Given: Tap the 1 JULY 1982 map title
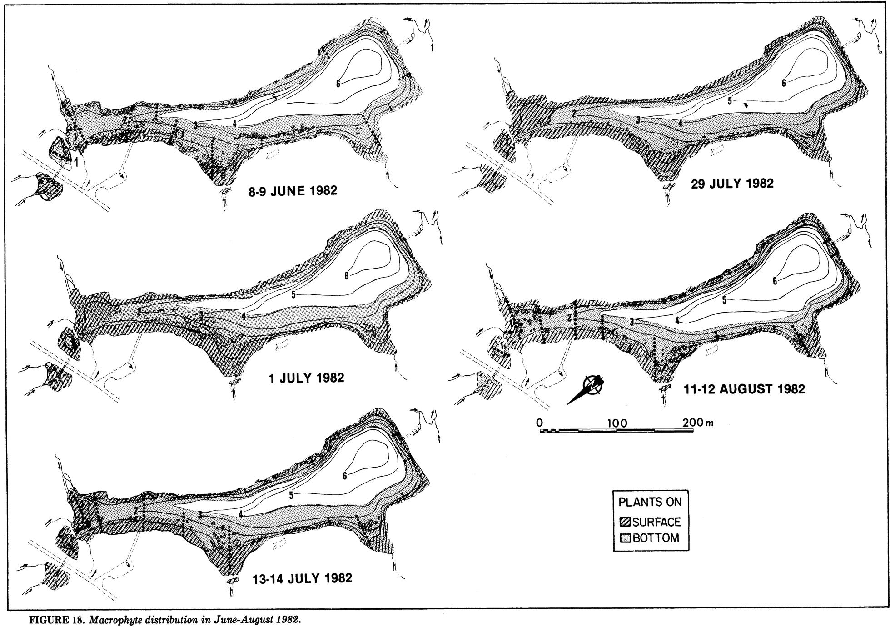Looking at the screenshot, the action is (x=306, y=378).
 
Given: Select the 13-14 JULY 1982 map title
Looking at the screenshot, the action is (x=302, y=578).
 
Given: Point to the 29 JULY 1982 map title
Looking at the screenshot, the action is (x=734, y=184).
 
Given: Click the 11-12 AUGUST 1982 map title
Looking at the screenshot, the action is (x=744, y=389).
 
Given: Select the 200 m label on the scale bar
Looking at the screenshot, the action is (x=698, y=423).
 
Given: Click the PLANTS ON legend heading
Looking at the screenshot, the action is (x=650, y=502).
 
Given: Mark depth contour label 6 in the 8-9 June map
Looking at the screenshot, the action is (x=338, y=83).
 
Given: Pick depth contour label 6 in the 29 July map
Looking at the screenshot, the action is (x=784, y=83).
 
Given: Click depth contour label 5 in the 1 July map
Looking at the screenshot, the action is (x=293, y=295).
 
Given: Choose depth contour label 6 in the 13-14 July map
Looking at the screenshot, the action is (x=345, y=476).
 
